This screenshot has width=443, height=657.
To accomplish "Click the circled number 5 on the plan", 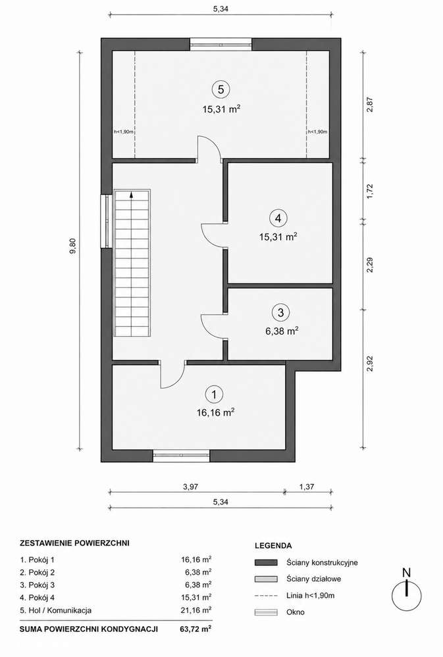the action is (221, 89).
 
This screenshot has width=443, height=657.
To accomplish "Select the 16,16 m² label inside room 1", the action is (215, 413).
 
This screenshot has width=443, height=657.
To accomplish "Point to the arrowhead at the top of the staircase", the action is (132, 194).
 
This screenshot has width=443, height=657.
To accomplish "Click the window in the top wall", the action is (221, 45).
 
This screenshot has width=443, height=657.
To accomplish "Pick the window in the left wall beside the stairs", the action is (107, 221).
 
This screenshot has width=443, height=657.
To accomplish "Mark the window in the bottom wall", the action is (181, 456).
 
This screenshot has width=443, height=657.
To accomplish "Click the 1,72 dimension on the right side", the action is (369, 191).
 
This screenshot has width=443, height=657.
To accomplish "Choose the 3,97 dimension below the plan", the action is (190, 487).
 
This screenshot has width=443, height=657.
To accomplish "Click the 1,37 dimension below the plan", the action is (307, 487).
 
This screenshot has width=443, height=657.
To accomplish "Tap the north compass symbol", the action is (406, 589).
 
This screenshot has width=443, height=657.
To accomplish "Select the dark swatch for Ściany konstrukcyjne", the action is (266, 562).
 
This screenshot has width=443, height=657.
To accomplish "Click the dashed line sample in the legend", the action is (266, 595).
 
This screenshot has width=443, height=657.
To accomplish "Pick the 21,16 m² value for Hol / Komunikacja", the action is (196, 610).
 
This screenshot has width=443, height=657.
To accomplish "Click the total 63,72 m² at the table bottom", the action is (195, 629).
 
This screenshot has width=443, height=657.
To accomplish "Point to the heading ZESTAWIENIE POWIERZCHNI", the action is (74, 543).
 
